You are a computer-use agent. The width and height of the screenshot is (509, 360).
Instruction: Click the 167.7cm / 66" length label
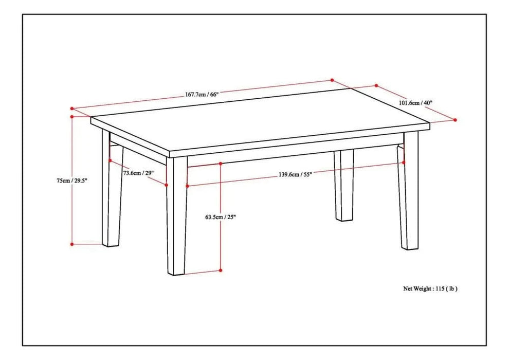pos(202,94)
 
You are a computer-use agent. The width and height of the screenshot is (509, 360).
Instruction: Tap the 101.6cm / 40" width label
pos(415,102)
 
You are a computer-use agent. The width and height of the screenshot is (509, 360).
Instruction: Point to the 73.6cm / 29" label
pos(138,173)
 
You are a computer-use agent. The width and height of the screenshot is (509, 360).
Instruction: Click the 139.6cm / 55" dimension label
pos(295,174)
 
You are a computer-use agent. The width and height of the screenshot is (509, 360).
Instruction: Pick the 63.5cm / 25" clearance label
pos(220,217)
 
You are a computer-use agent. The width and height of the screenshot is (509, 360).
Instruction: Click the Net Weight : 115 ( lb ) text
pos(430,289)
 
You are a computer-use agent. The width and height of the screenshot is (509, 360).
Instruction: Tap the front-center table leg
pos(176,216)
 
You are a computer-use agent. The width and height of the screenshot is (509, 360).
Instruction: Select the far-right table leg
pos(410,195)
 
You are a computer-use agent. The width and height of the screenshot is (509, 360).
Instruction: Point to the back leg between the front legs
pos(344,185)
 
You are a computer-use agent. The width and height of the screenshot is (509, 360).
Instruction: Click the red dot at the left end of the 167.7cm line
pos(72,109)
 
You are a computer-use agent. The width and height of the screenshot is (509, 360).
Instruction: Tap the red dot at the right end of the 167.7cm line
pos(332,80)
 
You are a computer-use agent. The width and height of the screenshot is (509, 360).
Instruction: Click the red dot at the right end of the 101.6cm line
pos(456,120)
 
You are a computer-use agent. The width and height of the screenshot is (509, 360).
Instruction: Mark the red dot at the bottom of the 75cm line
pos(72,244)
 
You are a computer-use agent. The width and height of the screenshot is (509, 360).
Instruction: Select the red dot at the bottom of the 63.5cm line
pos(220,270)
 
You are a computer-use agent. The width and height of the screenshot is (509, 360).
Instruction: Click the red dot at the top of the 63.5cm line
pos(220,164)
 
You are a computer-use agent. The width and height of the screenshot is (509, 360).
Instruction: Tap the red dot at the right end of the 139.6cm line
pos(404,162)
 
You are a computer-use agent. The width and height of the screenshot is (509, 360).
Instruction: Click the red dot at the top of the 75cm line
pos(72,117)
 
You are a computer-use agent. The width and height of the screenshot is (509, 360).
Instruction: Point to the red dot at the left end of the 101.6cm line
pos(376,86)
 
